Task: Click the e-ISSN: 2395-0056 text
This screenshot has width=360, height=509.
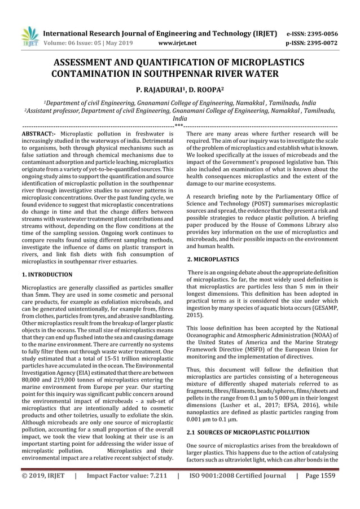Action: coord(313,33)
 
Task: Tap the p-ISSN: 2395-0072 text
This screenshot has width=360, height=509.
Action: coord(313,42)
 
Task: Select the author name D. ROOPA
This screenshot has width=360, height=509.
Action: coord(205,89)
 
